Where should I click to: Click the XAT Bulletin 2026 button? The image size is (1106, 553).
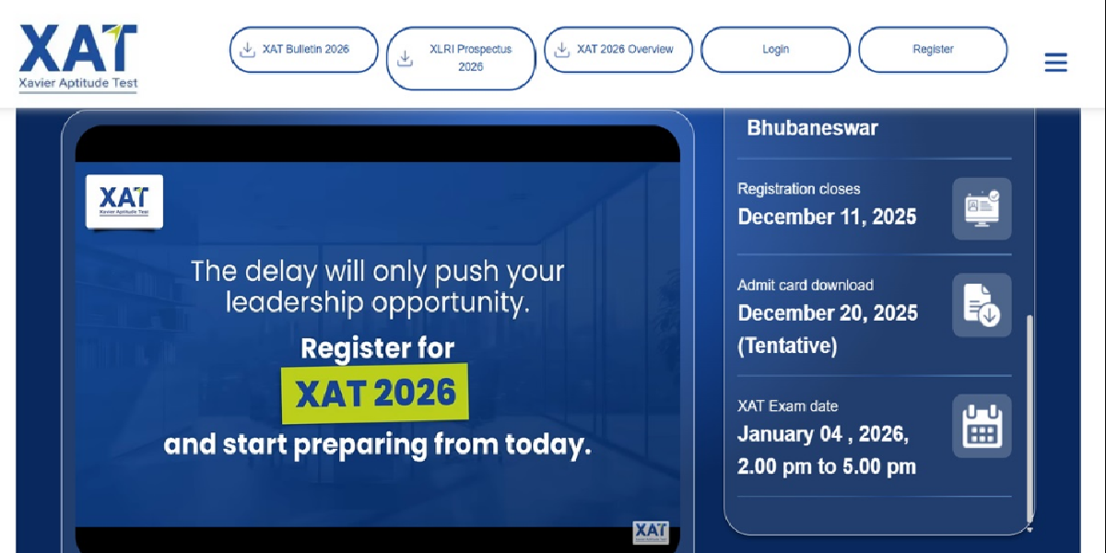coord(303,50)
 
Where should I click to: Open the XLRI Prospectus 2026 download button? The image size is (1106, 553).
coord(461,58)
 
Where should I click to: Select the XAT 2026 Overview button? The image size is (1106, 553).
coord(618,50)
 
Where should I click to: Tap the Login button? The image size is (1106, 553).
coord(775,50)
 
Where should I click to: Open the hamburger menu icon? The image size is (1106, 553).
coord(1055,63)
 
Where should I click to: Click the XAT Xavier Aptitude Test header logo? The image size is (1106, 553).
coord(78,57)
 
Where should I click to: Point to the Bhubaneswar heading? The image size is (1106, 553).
coord(812,128)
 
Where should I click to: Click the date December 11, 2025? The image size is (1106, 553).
coord(827,218)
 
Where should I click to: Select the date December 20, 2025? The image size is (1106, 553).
coord(828,313)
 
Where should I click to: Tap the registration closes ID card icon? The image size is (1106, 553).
coord(982,208)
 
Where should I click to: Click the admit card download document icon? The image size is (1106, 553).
coord(982,305)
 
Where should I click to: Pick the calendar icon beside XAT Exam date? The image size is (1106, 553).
coord(982,426)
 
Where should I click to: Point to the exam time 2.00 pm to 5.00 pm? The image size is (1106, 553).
coord(826,467)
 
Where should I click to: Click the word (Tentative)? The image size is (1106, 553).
coord(787,347)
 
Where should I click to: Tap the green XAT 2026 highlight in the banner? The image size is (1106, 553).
coord(375,394)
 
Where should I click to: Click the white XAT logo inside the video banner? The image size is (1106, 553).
coord(124,201)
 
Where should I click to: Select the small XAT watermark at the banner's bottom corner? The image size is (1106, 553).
coord(650,533)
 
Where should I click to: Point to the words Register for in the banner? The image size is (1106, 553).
coord(377,348)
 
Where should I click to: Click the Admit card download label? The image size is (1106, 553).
coord(805,286)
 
